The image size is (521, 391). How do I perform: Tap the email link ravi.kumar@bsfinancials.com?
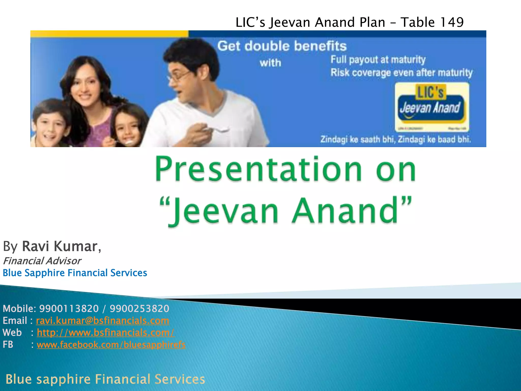click(103, 321)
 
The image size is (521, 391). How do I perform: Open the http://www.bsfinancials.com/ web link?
click(106, 333)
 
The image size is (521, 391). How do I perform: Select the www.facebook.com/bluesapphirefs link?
click(111, 345)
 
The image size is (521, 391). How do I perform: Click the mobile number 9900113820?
click(69, 309)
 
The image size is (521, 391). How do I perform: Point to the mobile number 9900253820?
click(139, 309)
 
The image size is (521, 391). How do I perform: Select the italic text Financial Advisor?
click(42, 261)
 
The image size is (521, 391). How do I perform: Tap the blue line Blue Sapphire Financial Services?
click(75, 273)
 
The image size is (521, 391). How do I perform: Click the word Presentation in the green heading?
click(258, 169)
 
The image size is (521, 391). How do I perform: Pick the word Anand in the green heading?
click(345, 211)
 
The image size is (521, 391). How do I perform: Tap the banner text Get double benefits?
click(282, 46)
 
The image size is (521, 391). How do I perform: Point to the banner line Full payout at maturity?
click(378, 60)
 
